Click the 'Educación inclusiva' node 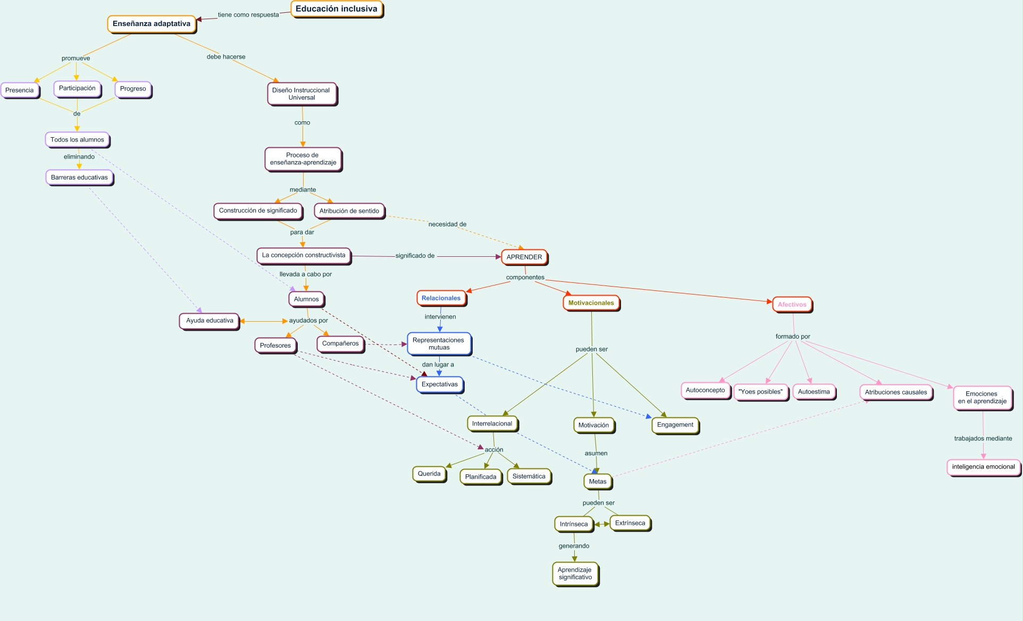pos(336,9)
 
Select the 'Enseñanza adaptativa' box pos(152,24)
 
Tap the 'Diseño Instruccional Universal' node pos(301,94)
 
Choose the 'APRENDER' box pos(524,257)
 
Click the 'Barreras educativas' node pos(79,178)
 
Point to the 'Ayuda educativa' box pos(209,321)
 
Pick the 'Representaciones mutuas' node pos(439,344)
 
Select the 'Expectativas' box pos(440,384)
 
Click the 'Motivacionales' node pos(591,303)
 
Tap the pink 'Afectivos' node pos(792,305)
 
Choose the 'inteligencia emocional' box pos(983,467)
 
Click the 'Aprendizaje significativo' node pos(575,574)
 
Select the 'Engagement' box pos(675,425)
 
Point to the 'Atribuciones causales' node pos(895,392)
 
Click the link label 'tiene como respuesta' pos(248,15)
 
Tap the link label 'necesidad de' pos(447,224)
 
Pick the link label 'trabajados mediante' pos(983,439)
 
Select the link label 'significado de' pos(415,256)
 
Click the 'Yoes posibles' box pos(760,392)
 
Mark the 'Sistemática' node pos(529,476)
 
